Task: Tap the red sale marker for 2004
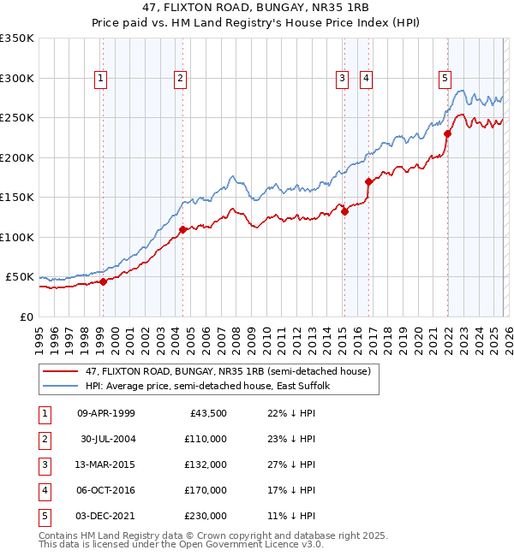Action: [x=183, y=229]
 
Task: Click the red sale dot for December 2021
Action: [x=447, y=133]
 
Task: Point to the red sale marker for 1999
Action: [x=103, y=281]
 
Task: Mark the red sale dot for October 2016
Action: [x=368, y=181]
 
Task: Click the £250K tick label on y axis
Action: [x=17, y=118]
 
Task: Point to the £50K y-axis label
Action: [x=20, y=277]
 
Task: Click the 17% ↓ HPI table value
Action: [x=290, y=490]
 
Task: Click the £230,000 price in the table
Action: [x=206, y=516]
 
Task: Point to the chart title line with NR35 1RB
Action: [x=256, y=10]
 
